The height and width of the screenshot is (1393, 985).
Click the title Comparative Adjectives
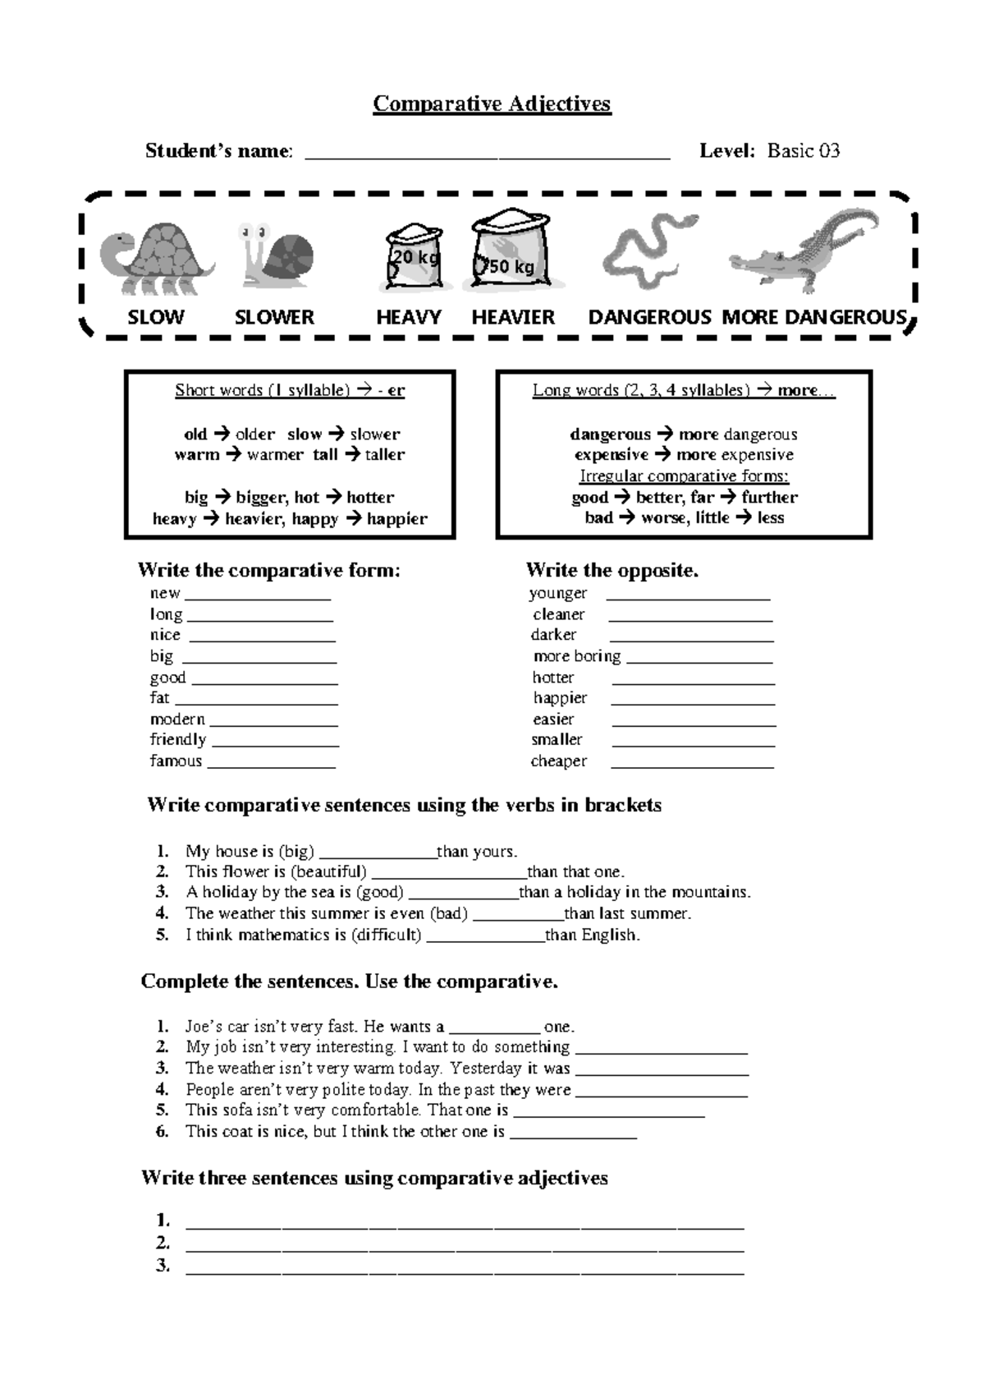(492, 104)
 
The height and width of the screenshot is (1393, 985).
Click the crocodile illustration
(804, 250)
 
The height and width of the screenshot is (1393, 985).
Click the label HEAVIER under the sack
(513, 317)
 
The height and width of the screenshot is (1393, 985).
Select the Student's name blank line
(488, 153)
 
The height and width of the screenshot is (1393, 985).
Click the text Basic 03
(803, 150)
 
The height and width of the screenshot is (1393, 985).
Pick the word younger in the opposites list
(557, 593)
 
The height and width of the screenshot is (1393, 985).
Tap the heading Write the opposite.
(612, 570)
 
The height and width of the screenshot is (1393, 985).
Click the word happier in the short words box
(397, 519)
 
